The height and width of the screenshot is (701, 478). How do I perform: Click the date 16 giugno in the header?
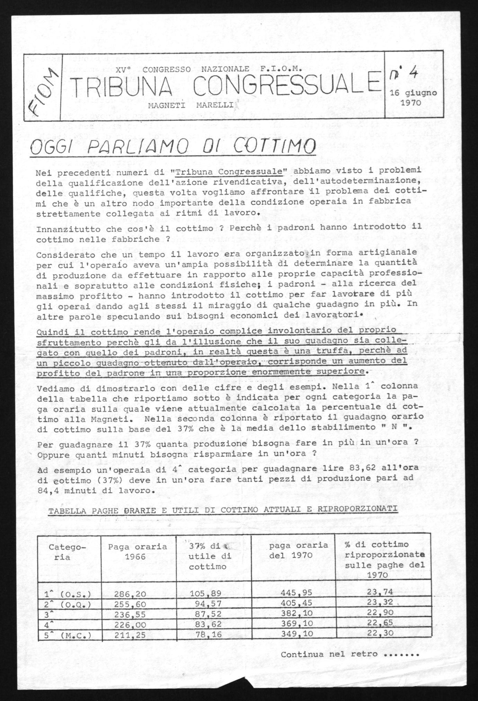point(413,93)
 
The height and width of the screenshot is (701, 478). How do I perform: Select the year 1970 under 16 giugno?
point(410,103)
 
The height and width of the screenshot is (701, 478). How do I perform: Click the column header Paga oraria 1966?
point(138,552)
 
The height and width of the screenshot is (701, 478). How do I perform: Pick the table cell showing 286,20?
point(130,594)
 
